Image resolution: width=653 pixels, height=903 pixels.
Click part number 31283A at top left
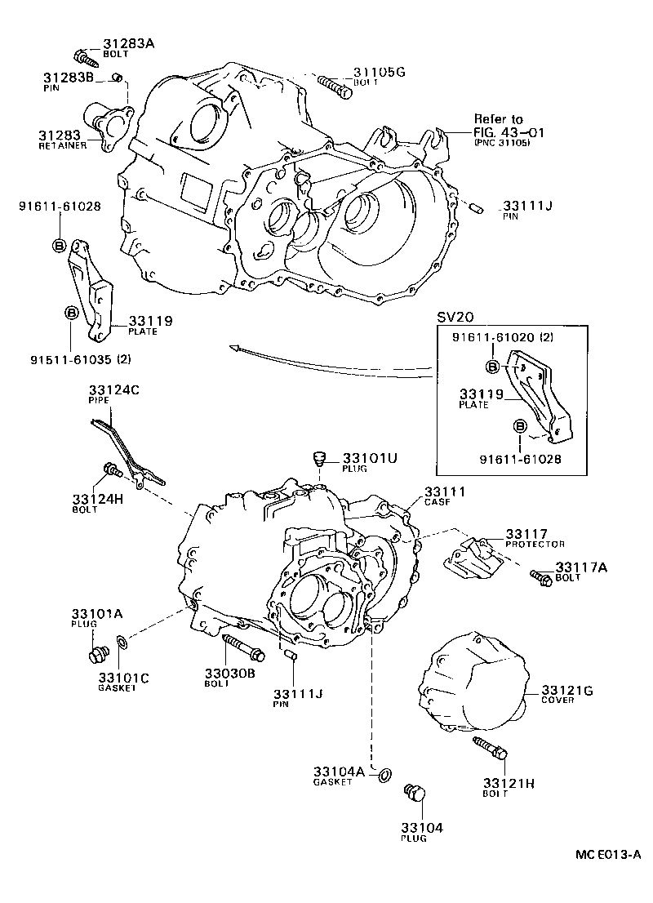tap(128, 43)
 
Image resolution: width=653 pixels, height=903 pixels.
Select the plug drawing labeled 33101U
tap(321, 459)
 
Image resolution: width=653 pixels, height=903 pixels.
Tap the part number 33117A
tap(579, 567)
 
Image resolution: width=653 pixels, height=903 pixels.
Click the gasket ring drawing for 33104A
tap(384, 773)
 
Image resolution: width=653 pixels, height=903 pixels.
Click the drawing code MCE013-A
tap(607, 854)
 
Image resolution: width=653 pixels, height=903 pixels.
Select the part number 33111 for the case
tap(444, 492)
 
